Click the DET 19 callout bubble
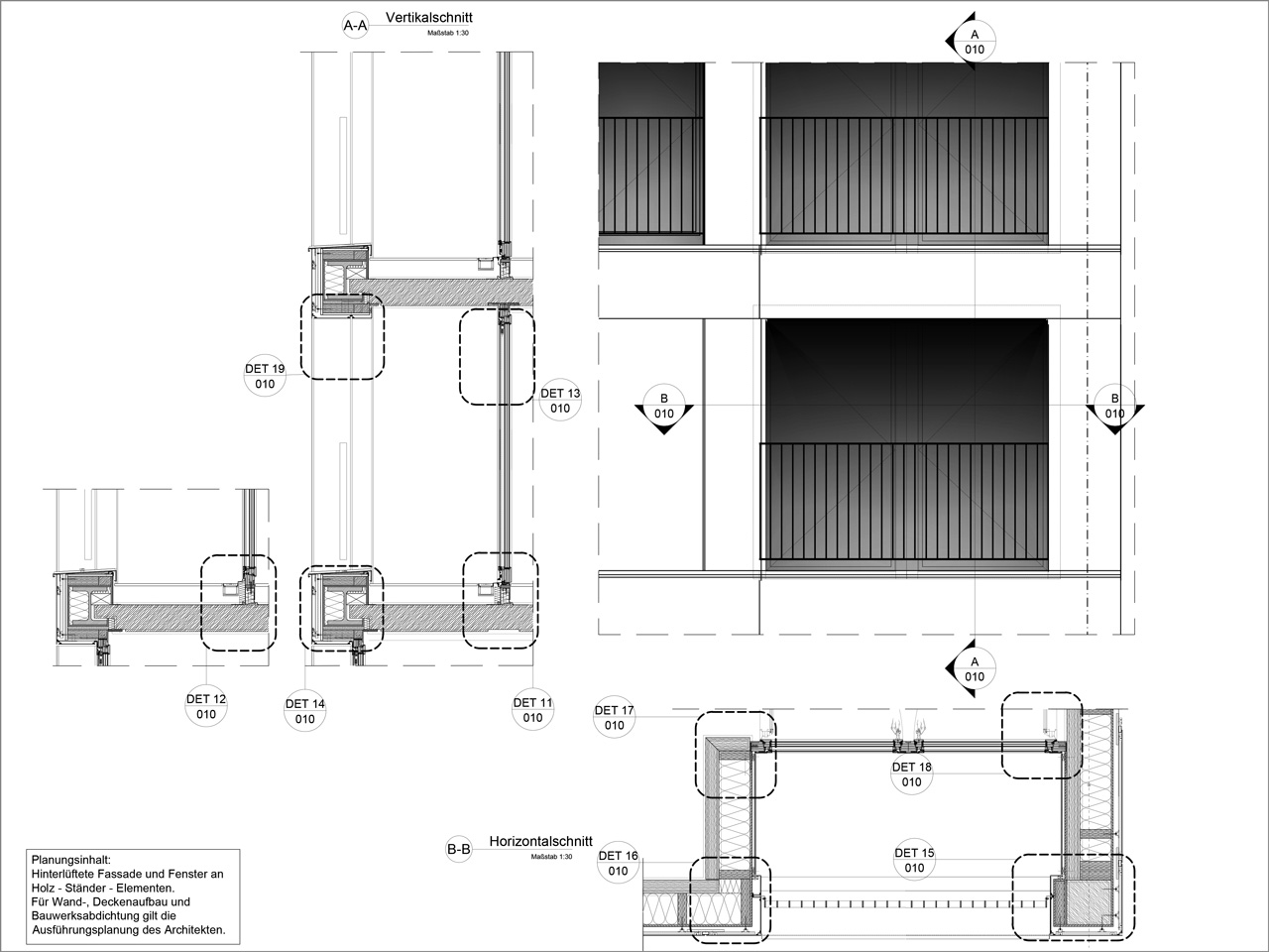pyautogui.click(x=265, y=376)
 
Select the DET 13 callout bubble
pyautogui.click(x=559, y=401)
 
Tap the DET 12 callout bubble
pyautogui.click(x=206, y=706)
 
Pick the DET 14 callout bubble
pyautogui.click(x=304, y=711)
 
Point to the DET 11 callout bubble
pyautogui.click(x=533, y=710)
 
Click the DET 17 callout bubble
pyautogui.click(x=614, y=717)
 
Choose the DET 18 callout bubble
pyautogui.click(x=912, y=774)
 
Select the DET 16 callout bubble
pyautogui.click(x=618, y=863)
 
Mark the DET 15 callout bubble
pyautogui.click(x=914, y=860)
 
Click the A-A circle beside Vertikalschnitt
pyautogui.click(x=355, y=26)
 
